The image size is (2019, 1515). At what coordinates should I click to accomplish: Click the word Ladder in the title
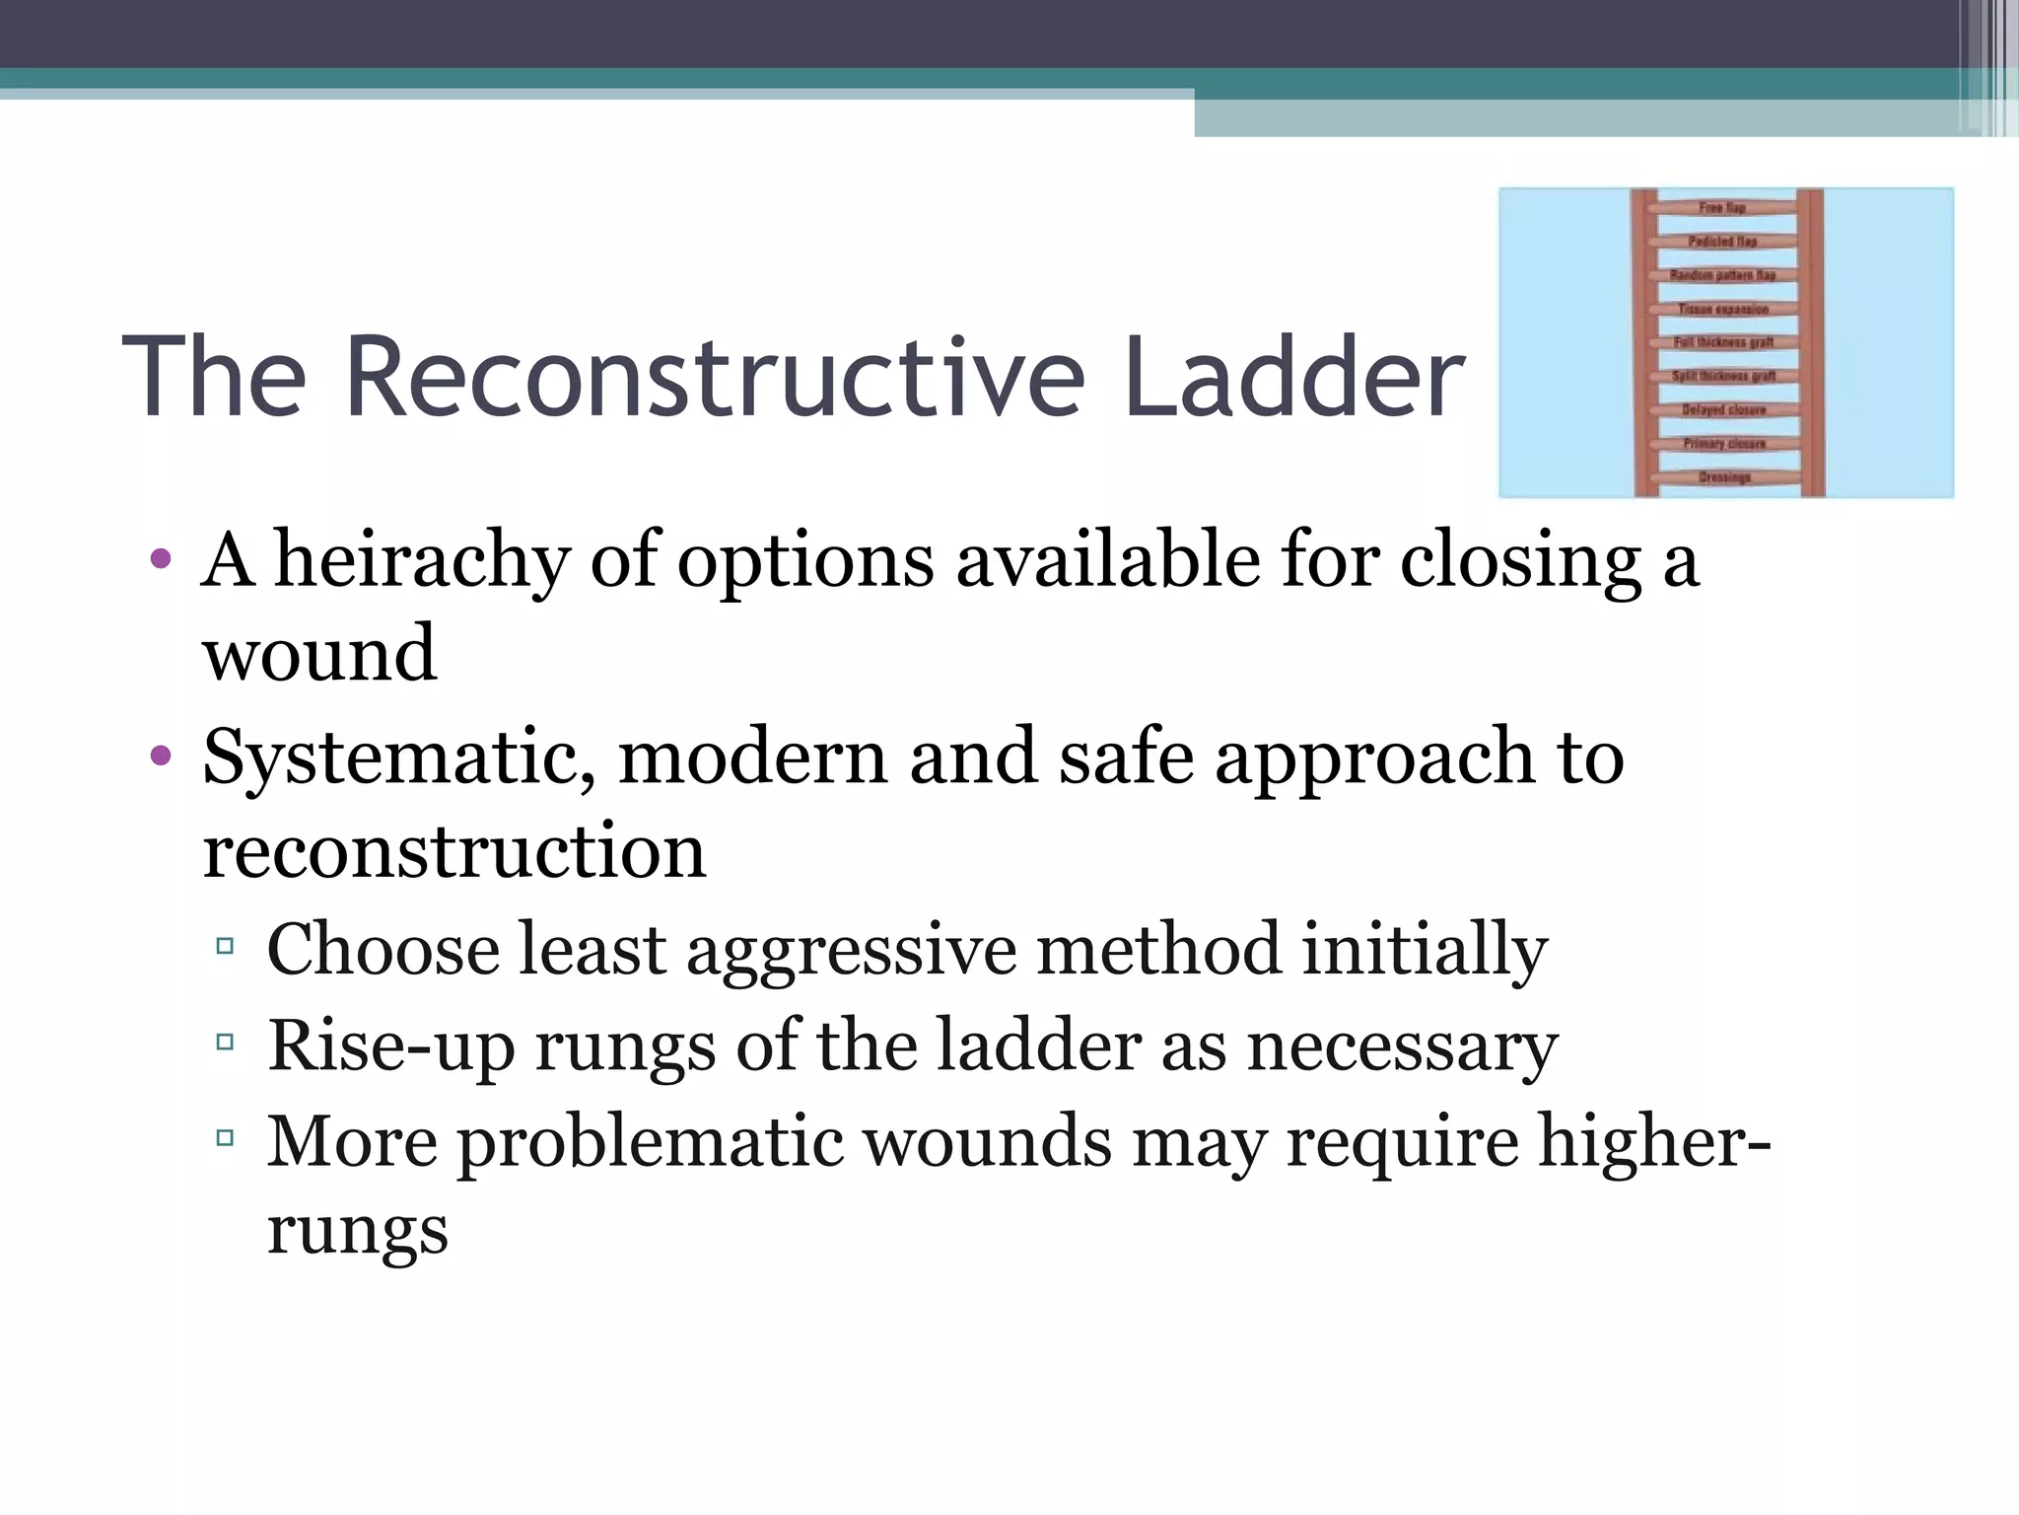(1293, 378)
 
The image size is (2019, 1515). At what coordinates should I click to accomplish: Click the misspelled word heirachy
(422, 560)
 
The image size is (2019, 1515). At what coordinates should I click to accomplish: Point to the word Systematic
(399, 757)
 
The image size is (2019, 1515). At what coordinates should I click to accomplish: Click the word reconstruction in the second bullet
(454, 851)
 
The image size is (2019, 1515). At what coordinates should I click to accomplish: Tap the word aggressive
(851, 950)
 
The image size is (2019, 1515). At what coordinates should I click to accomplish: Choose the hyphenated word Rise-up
(391, 1046)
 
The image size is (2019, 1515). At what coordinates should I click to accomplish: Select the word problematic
(652, 1141)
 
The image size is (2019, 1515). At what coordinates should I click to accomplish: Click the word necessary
(1402, 1046)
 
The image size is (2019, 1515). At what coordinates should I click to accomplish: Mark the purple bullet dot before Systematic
(161, 757)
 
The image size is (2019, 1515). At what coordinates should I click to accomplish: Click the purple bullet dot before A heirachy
(161, 560)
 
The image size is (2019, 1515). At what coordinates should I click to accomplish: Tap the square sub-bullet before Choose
(225, 947)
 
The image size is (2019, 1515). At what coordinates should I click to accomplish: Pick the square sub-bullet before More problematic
(225, 1138)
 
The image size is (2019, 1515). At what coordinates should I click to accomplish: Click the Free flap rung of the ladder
(1722, 208)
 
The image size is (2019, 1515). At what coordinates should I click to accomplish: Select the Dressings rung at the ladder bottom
(1724, 478)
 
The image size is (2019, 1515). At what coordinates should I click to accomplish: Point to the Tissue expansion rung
(1723, 310)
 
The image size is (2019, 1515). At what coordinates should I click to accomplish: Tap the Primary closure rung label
(1724, 444)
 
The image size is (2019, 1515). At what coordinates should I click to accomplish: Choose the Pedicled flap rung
(1722, 242)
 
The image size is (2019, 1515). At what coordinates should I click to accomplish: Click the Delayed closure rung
(1724, 410)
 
